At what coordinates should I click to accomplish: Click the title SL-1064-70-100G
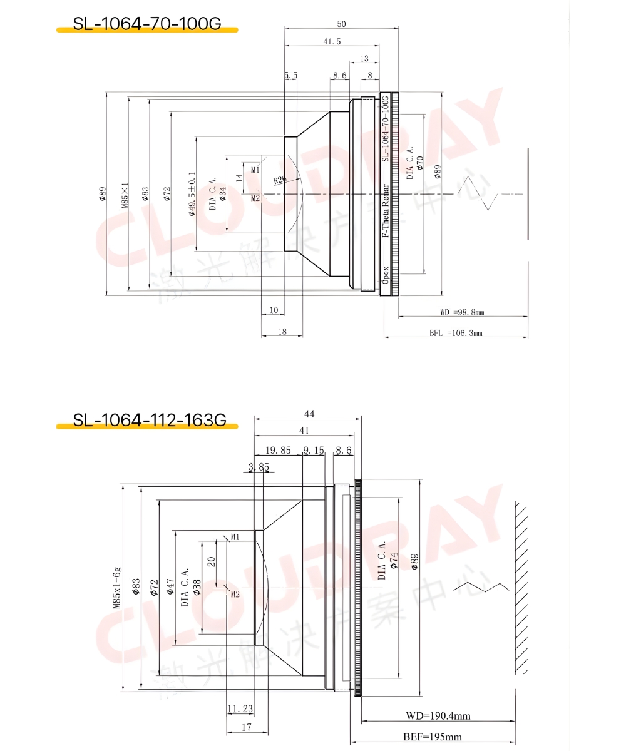coord(147,24)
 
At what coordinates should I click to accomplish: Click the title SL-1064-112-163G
coord(149,420)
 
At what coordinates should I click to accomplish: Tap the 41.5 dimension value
coord(332,42)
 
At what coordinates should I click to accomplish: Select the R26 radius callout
coord(280,180)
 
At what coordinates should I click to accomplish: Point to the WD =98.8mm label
coord(463,312)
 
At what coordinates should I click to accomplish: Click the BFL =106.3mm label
coord(456,334)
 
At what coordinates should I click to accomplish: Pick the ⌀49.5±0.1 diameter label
coord(192,193)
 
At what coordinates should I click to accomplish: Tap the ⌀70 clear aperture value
coord(420,164)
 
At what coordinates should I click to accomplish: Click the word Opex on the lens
coord(386,275)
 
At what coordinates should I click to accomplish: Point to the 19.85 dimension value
coord(278,450)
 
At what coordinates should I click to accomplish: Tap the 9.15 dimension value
coord(314,450)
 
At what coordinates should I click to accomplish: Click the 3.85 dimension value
coord(259,467)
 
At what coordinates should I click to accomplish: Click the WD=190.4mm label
coord(438,715)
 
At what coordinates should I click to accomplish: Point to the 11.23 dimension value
coord(240,708)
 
